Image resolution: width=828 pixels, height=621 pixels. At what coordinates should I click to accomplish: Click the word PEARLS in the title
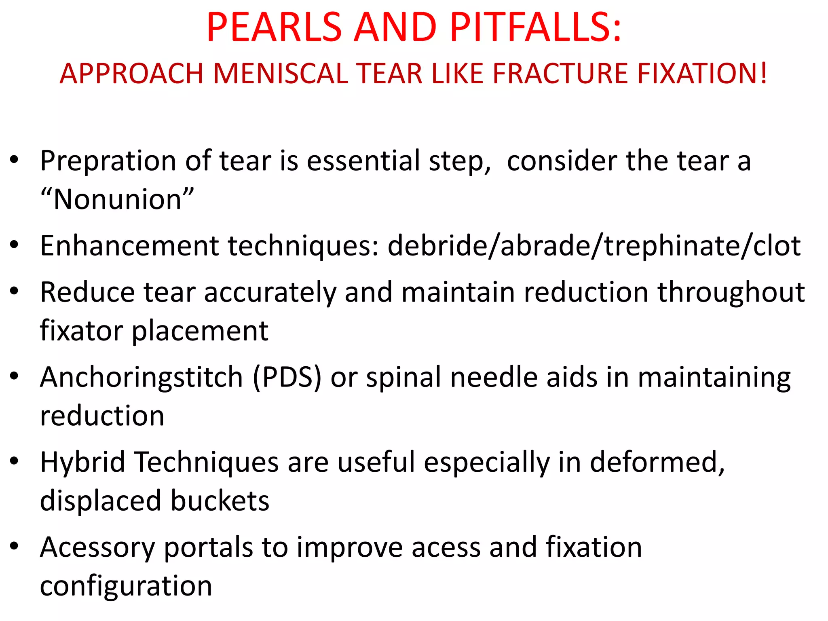tap(274, 27)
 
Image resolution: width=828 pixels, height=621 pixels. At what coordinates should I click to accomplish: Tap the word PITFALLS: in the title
tap(535, 27)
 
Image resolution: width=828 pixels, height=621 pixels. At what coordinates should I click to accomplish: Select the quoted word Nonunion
tap(117, 200)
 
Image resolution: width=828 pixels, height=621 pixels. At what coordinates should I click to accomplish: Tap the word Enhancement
tap(129, 246)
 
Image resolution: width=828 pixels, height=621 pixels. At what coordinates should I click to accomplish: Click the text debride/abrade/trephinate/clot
tap(594, 246)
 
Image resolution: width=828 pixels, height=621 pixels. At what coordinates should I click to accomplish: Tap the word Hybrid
tap(83, 463)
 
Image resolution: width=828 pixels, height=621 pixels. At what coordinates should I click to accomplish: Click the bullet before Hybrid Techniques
tap(15, 461)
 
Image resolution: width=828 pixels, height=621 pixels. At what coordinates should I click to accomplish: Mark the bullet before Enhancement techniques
tap(15, 245)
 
